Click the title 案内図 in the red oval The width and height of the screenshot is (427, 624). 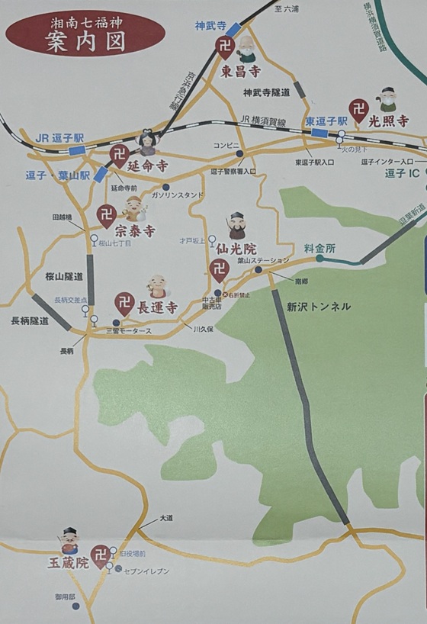click(x=84, y=43)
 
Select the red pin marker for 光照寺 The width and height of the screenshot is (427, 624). click(x=358, y=111)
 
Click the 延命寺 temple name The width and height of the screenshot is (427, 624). click(x=147, y=165)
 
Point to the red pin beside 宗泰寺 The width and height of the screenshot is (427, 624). click(x=106, y=216)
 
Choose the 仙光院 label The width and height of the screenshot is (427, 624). click(x=239, y=249)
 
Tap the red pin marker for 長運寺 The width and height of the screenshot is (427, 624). click(x=124, y=304)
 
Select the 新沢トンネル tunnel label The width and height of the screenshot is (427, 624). click(x=319, y=307)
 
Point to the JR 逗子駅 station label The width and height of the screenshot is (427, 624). click(x=60, y=138)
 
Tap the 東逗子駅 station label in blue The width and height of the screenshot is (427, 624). click(x=326, y=121)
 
